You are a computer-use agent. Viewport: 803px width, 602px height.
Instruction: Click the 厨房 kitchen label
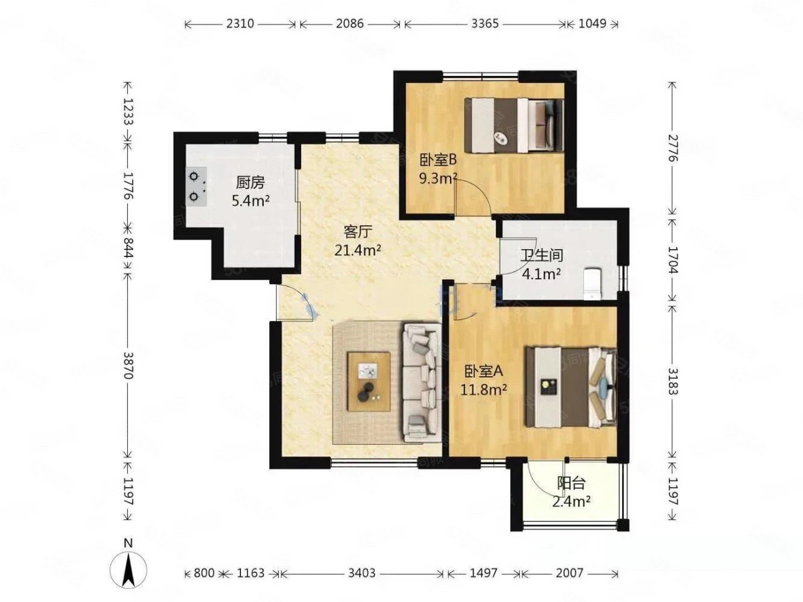point(250,183)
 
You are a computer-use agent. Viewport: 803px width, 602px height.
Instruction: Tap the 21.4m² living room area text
point(358,250)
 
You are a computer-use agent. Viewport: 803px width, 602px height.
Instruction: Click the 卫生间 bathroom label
point(542,256)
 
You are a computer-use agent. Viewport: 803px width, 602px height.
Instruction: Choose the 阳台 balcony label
point(571,483)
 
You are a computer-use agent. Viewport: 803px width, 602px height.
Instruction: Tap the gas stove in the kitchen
point(196,187)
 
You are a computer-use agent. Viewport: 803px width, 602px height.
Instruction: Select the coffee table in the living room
point(369,382)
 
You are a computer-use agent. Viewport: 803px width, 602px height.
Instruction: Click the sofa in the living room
point(422,382)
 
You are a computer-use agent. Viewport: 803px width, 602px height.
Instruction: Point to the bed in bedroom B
point(514,125)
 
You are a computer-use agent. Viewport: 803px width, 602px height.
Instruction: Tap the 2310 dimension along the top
point(240,23)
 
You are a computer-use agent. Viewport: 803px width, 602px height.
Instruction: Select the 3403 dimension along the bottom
point(361,573)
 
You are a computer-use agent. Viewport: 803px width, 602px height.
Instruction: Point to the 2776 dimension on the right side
point(673,148)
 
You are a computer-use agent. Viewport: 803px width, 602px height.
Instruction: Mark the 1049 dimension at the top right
point(592,23)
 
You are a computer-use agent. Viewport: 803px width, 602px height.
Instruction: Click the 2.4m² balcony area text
point(571,502)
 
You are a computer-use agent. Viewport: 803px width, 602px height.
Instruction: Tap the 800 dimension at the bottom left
point(204,573)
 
